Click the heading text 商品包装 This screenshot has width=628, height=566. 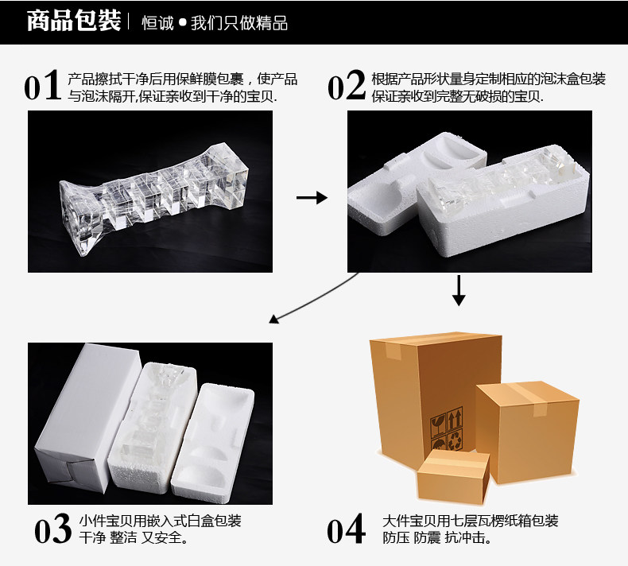[73, 21]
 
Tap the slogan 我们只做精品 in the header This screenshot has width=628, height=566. [238, 22]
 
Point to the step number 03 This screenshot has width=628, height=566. [54, 530]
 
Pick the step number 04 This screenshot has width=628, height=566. [347, 530]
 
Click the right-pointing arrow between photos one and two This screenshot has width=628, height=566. [311, 198]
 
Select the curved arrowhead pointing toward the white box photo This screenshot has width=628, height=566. [274, 320]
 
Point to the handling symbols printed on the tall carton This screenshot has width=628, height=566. [446, 430]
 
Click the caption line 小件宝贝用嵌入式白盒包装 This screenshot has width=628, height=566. [160, 521]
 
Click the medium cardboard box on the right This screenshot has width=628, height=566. [527, 429]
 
